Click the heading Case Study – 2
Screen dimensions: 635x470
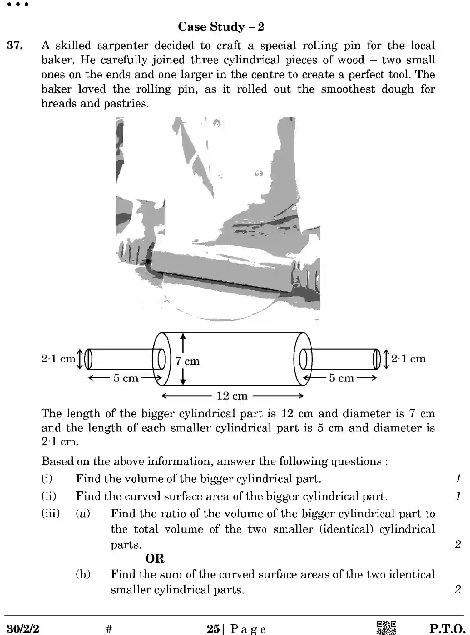click(221, 27)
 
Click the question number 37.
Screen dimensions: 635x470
click(15, 46)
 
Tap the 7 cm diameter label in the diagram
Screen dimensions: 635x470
click(187, 361)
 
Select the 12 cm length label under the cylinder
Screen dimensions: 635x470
click(232, 396)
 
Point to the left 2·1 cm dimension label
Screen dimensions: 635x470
click(58, 358)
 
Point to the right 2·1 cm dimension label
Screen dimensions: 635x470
click(408, 358)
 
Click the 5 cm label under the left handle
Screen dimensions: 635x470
click(126, 378)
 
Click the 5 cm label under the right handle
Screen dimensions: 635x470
click(341, 378)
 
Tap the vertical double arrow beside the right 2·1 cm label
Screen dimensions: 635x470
click(386, 359)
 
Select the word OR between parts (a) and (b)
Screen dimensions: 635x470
click(155, 558)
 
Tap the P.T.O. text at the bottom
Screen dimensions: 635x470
click(447, 628)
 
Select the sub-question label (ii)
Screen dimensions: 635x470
click(49, 496)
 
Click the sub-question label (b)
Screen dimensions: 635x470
click(83, 574)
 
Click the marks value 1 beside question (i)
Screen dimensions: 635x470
click(458, 478)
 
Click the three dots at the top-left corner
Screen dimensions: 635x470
click(18, 4)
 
